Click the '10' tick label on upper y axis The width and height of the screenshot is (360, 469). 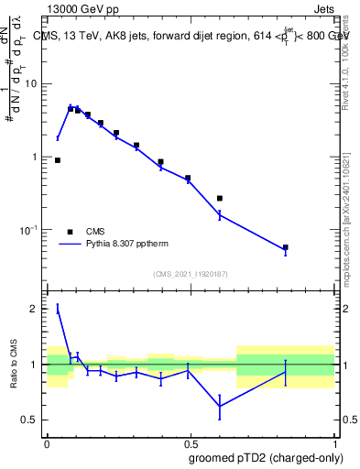click(x=34, y=83)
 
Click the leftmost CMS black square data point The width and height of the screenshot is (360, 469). click(x=58, y=160)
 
